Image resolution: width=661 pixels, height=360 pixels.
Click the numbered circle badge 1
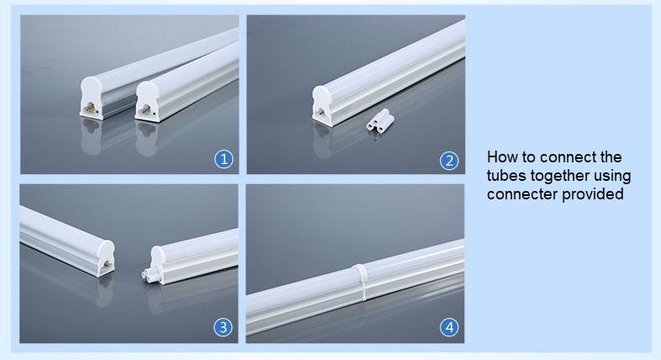[224, 159]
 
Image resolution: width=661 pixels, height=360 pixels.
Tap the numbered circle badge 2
[450, 161]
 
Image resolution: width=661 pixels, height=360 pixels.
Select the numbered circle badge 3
[224, 327]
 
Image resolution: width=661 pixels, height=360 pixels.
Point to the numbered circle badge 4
[450, 327]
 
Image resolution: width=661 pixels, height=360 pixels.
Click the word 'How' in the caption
[502, 157]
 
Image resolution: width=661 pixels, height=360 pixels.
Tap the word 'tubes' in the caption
[505, 176]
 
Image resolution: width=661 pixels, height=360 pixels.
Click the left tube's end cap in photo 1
[91, 99]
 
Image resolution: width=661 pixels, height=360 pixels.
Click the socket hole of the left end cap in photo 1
[87, 108]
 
